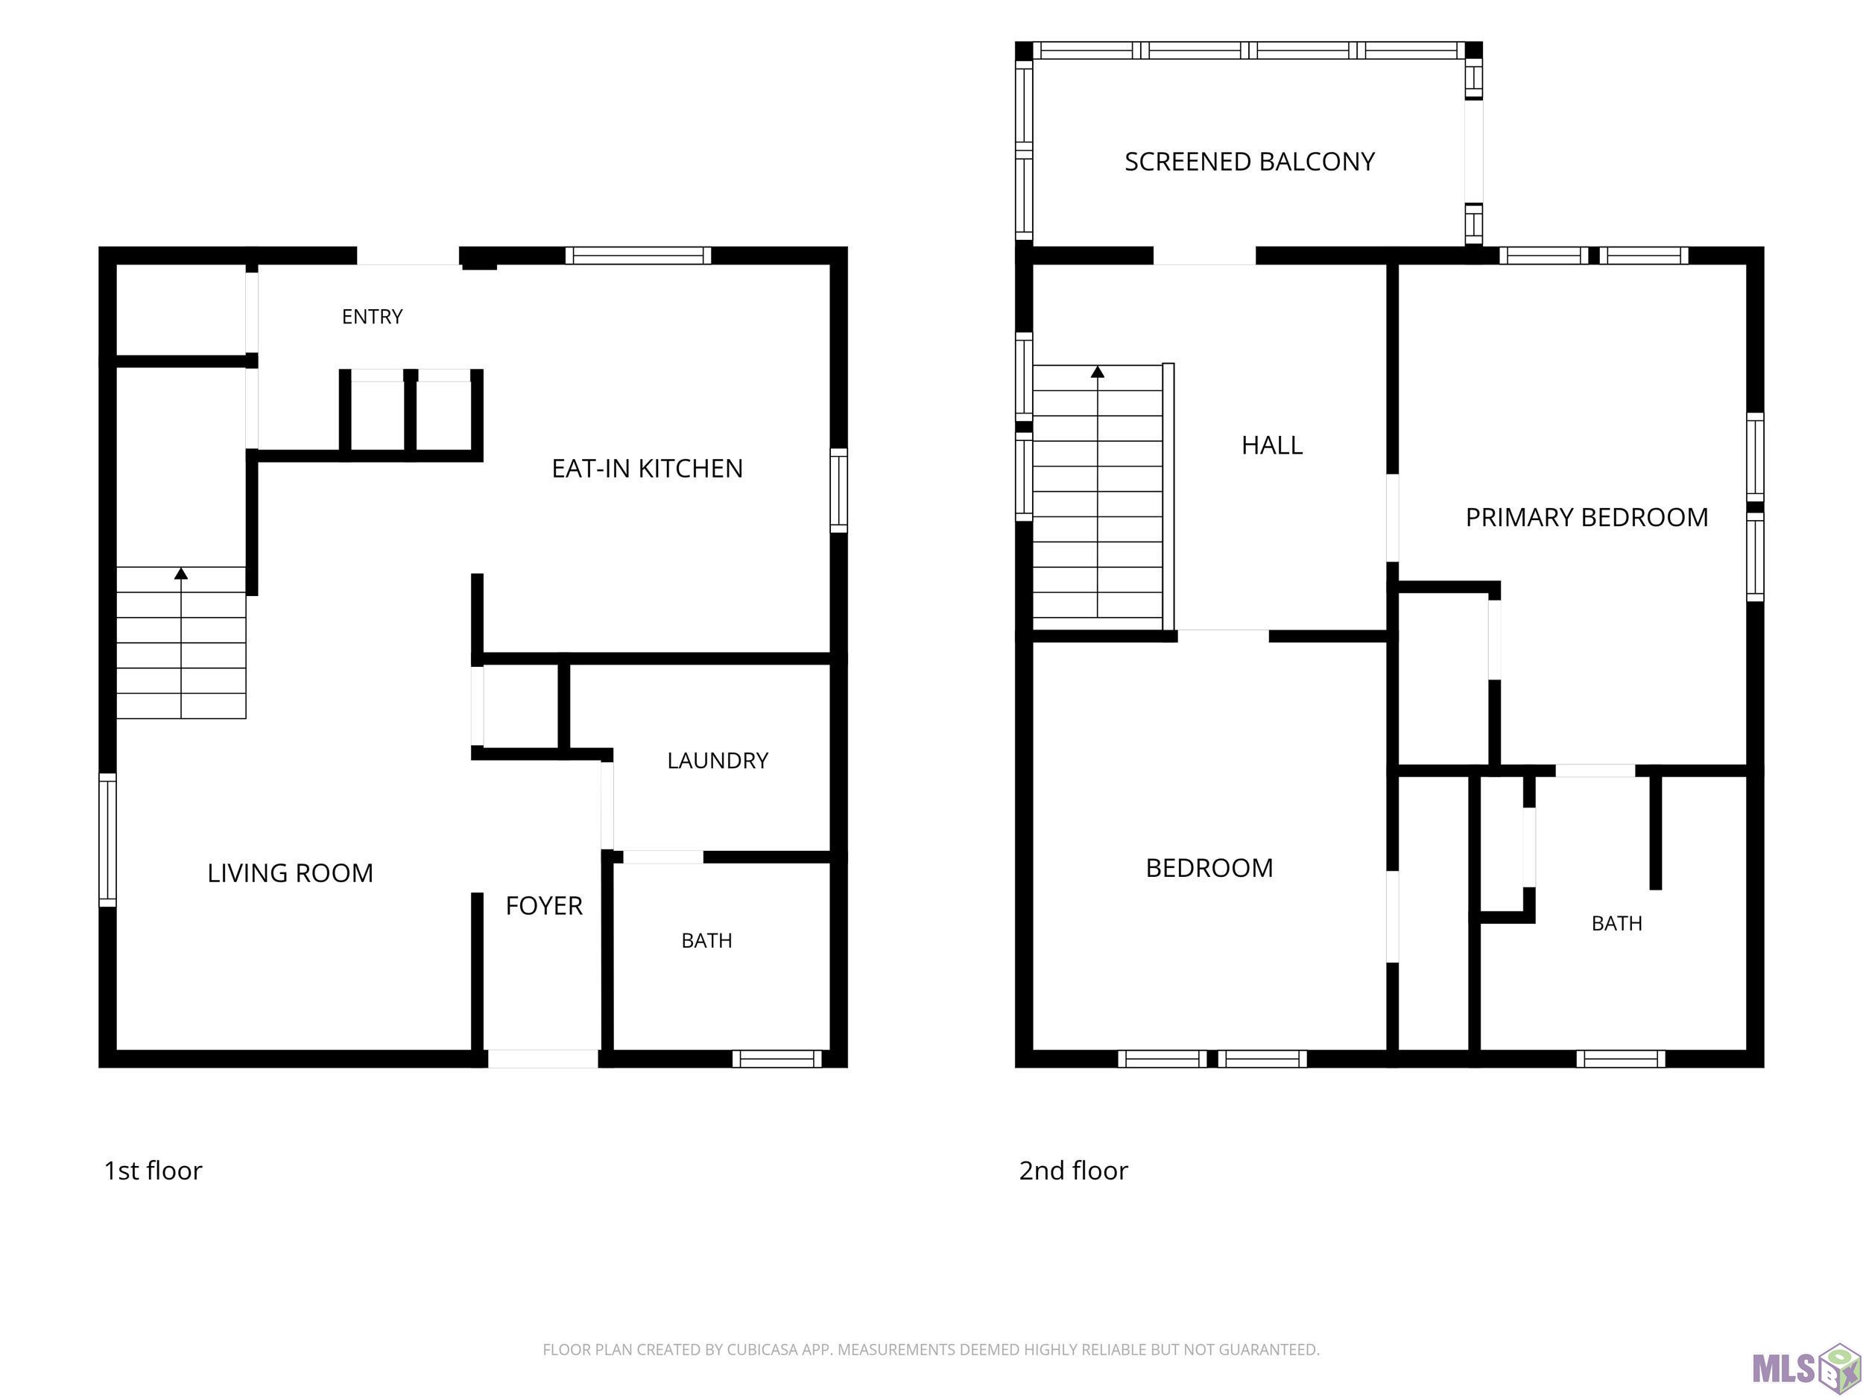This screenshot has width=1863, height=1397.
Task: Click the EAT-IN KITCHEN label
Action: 647,468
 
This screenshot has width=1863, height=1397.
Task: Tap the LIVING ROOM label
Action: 290,873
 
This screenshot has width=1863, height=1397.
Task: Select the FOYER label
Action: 544,906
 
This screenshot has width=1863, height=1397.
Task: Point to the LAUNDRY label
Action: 718,761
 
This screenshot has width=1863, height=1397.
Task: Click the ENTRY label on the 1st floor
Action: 373,317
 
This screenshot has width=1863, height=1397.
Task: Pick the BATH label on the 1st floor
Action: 706,940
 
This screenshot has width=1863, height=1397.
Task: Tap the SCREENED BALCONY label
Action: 1250,162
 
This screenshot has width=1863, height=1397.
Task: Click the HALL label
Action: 1272,446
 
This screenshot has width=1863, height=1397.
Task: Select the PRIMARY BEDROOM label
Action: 1587,517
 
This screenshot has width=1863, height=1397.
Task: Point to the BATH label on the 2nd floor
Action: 1617,924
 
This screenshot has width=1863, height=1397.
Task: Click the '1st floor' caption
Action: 153,1170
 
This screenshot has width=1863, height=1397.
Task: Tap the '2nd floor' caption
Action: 1073,1170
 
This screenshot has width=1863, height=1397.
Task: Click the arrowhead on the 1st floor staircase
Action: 181,574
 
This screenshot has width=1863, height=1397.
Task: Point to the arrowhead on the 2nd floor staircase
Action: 1098,371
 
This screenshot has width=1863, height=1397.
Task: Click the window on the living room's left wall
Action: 108,840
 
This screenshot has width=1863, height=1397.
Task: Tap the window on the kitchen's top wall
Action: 638,255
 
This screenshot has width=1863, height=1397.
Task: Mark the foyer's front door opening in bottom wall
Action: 543,1059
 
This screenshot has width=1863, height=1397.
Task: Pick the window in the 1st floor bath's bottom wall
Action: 776,1059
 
